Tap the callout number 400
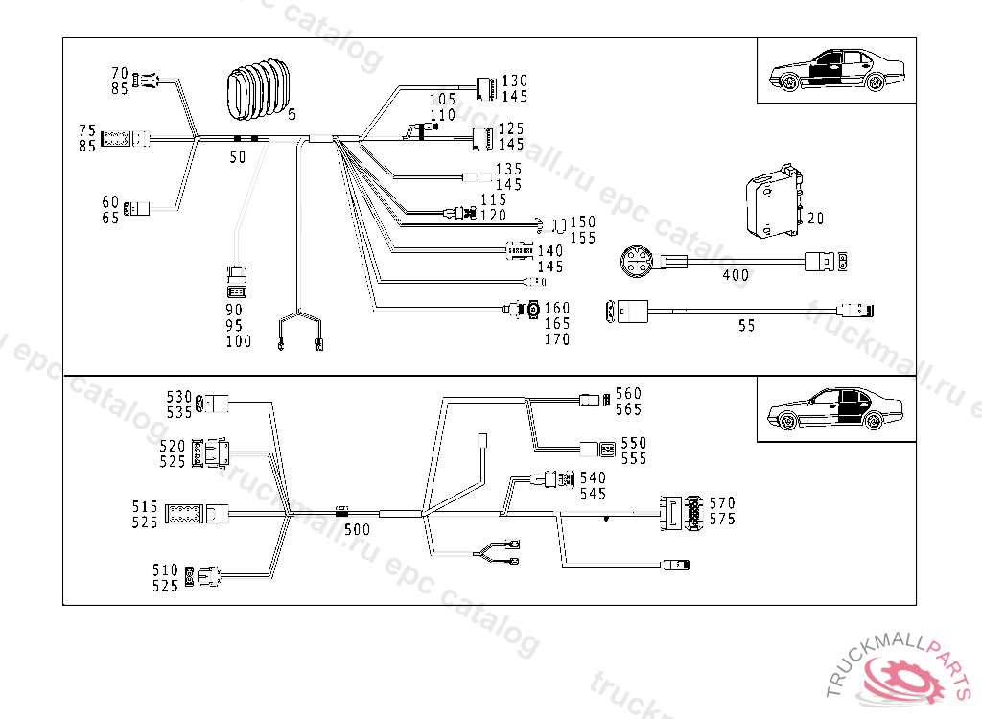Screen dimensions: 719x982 (736, 276)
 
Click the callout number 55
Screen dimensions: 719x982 (746, 326)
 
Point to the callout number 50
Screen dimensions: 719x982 (237, 157)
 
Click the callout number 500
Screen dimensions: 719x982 (357, 528)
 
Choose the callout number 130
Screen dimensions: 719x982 (514, 81)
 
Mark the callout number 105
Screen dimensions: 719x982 (442, 100)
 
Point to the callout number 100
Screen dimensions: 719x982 (239, 341)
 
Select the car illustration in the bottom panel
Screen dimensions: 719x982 (835, 409)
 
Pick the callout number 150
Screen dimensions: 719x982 (582, 222)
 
